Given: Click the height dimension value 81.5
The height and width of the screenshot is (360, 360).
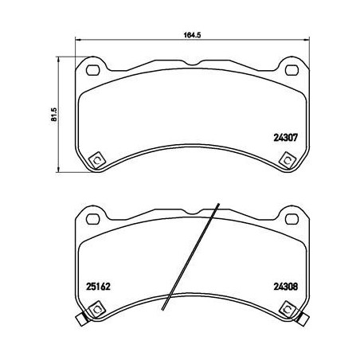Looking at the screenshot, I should (x=53, y=114).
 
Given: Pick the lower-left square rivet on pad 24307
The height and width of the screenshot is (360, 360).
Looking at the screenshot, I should (x=96, y=158).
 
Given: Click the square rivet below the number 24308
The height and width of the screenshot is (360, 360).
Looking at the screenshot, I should (x=283, y=308).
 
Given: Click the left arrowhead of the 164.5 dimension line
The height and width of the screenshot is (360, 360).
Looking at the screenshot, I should (x=77, y=41).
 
